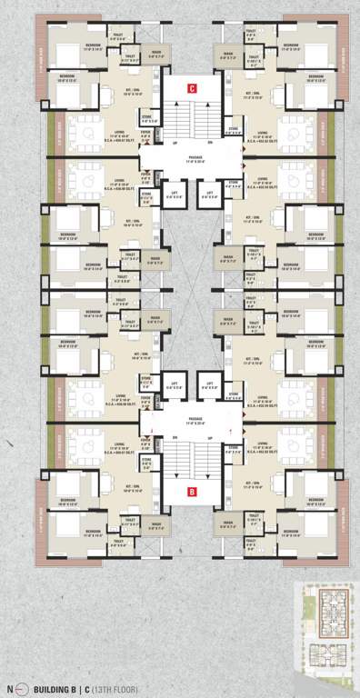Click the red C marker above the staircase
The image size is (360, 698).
(x=192, y=88)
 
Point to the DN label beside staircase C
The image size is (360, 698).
(x=210, y=143)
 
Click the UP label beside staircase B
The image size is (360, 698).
(x=210, y=439)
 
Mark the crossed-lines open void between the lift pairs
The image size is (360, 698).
(x=192, y=291)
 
